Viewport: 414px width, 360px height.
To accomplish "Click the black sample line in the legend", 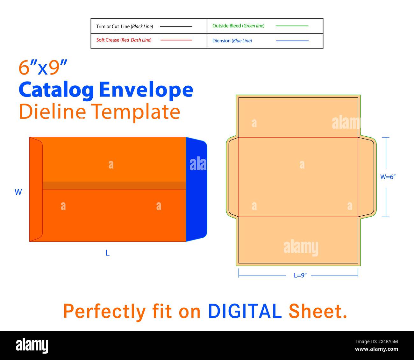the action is pos(176,26).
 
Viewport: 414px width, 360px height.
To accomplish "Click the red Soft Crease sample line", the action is pos(176,40).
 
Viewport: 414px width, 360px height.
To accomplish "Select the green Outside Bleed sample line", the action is pos(292,26).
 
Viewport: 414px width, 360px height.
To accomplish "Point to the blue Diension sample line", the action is pos(292,41).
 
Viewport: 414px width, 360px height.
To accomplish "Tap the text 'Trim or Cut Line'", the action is pos(113,26).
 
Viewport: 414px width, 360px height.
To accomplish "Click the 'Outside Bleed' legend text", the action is pos(227,26).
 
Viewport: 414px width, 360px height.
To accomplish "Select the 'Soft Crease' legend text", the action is pos(108,40).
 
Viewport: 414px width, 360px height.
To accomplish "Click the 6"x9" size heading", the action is pos(43,68).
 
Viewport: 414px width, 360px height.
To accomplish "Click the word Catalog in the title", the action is pos(56,90).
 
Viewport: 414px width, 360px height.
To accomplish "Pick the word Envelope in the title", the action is pos(146,90).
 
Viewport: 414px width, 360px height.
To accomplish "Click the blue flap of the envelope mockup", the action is pos(196,189).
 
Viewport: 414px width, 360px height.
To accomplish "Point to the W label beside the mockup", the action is pos(18,192).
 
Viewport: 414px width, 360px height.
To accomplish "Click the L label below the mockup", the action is pos(107,253).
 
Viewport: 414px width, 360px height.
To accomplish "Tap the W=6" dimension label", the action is pos(388,177).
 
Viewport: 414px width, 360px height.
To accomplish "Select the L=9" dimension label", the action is pos(300,275).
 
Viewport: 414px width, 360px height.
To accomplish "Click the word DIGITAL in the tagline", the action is pos(245,311).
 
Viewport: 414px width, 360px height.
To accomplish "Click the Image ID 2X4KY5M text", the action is pos(377,342).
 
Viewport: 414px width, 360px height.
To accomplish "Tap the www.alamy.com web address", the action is pos(376,349).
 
